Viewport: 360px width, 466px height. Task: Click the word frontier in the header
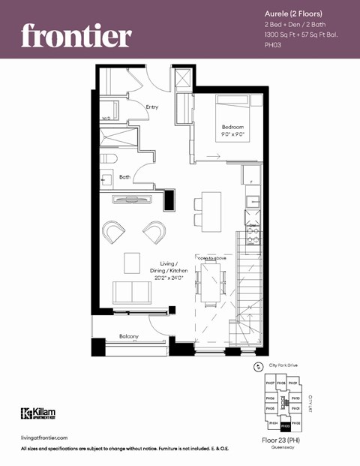pyautogui.click(x=76, y=35)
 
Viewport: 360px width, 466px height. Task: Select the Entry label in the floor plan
pyautogui.click(x=152, y=107)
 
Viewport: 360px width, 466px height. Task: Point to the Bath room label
pyautogui.click(x=124, y=177)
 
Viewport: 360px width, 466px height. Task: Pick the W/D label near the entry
pyautogui.click(x=106, y=118)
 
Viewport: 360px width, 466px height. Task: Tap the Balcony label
pyautogui.click(x=129, y=336)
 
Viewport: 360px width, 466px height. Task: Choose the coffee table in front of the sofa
pyautogui.click(x=132, y=263)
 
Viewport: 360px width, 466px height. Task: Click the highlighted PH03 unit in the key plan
pyautogui.click(x=285, y=424)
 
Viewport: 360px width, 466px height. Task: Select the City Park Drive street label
pyautogui.click(x=284, y=365)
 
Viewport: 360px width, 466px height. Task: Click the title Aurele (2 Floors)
pyautogui.click(x=292, y=14)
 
